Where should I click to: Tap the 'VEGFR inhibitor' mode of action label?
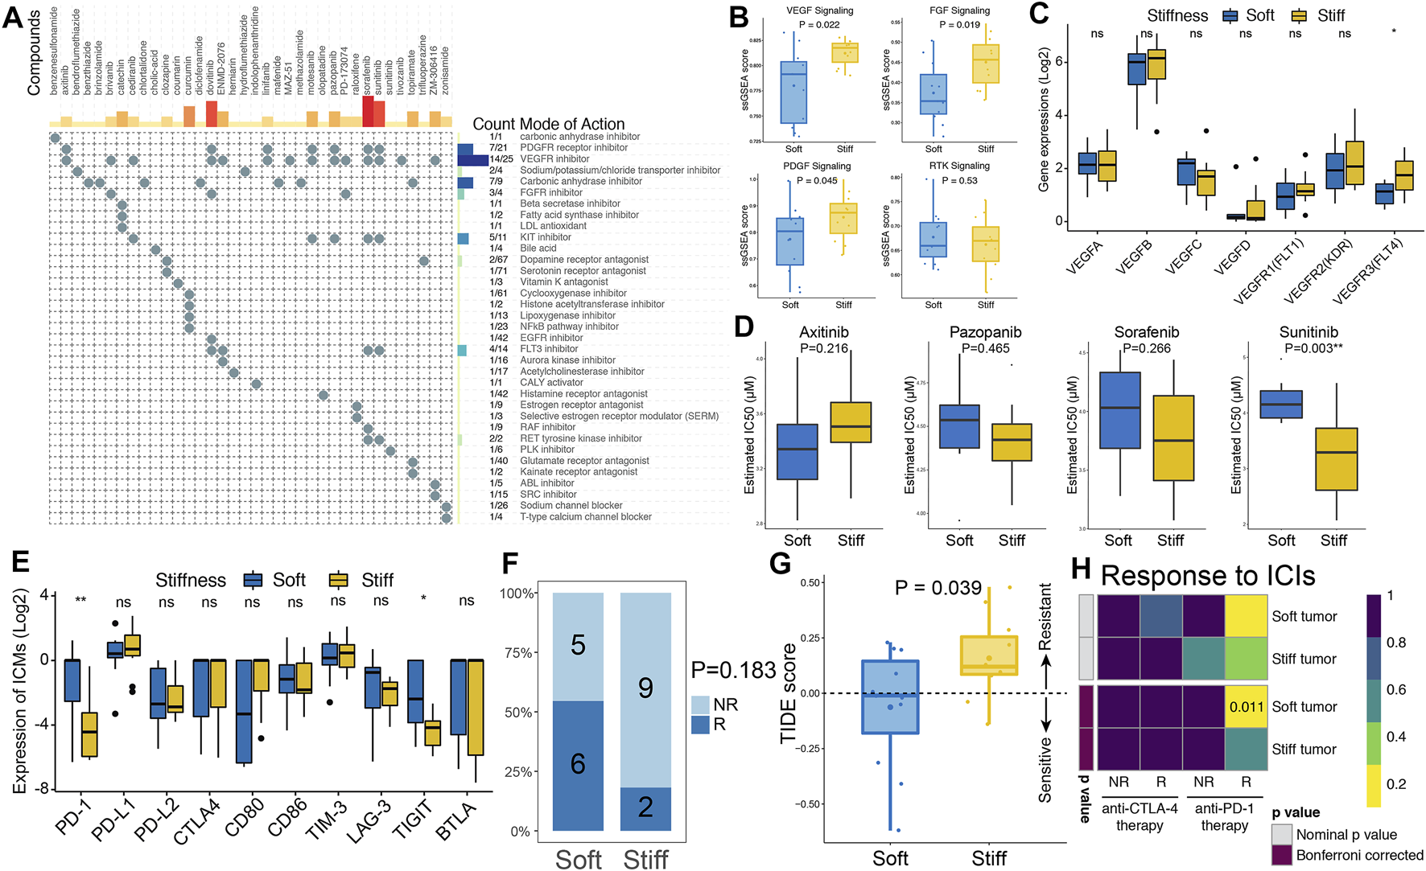[554, 159]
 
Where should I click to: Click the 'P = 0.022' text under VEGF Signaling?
[819, 25]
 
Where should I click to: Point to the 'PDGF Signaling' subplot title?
[817, 166]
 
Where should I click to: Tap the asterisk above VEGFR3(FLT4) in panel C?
[1394, 33]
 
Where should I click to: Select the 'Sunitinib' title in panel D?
[1309, 332]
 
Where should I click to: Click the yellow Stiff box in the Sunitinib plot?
[1336, 458]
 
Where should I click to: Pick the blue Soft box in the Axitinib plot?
[797, 451]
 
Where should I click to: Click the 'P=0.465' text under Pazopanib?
[986, 348]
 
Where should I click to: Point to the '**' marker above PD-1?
[80, 601]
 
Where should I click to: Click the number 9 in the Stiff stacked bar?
[645, 688]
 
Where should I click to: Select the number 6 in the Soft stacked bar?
[578, 763]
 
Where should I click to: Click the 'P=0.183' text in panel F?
[733, 670]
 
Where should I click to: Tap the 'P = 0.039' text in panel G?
[938, 589]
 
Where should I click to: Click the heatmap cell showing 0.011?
[1246, 707]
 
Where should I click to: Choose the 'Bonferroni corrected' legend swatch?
[1282, 855]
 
